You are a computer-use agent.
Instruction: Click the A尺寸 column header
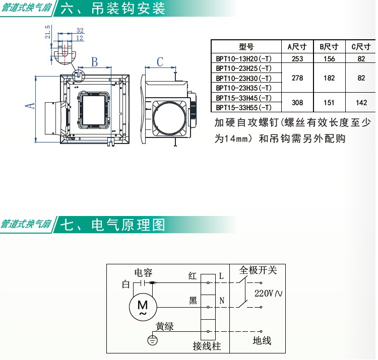click(297, 46)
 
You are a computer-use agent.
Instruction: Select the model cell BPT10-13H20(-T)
click(244, 59)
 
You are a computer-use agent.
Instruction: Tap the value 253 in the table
click(297, 59)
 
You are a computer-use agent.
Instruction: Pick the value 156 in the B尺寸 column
click(329, 59)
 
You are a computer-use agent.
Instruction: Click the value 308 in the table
click(297, 103)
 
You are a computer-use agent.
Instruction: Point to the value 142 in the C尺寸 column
click(361, 103)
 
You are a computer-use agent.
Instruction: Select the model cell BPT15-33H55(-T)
click(244, 107)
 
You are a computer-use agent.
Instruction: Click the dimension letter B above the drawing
click(95, 62)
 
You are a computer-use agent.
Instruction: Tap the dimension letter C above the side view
click(160, 62)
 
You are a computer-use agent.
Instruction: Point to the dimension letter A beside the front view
click(30, 106)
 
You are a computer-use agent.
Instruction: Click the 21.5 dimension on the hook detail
click(48, 32)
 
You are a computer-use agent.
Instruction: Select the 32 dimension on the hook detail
click(80, 30)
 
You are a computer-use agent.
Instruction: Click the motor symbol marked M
click(143, 307)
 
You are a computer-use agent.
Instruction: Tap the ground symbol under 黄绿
click(152, 340)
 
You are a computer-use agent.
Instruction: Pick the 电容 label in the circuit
click(144, 272)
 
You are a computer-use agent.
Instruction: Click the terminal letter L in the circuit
click(221, 276)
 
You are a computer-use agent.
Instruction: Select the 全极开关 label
click(258, 270)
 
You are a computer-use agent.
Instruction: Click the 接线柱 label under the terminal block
click(207, 346)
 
